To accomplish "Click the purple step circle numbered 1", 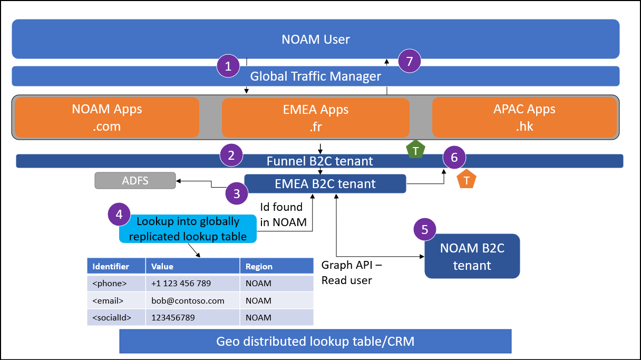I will (228, 66).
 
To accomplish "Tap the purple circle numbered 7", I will (410, 61).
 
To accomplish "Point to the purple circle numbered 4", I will (119, 215).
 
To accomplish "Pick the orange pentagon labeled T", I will (467, 180).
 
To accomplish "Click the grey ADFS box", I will (135, 181).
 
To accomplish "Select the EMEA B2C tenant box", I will (325, 184).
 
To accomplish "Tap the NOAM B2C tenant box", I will (472, 256).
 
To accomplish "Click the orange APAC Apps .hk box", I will (525, 118).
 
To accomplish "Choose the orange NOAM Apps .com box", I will (107, 118).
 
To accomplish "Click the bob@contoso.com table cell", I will (192, 300).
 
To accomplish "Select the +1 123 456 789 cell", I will (192, 283).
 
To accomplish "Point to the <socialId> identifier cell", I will (116, 317).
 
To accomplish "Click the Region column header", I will (276, 266).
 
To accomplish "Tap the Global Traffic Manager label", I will (315, 76).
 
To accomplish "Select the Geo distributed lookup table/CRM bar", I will (315, 342).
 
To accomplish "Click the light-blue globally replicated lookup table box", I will (188, 229).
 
